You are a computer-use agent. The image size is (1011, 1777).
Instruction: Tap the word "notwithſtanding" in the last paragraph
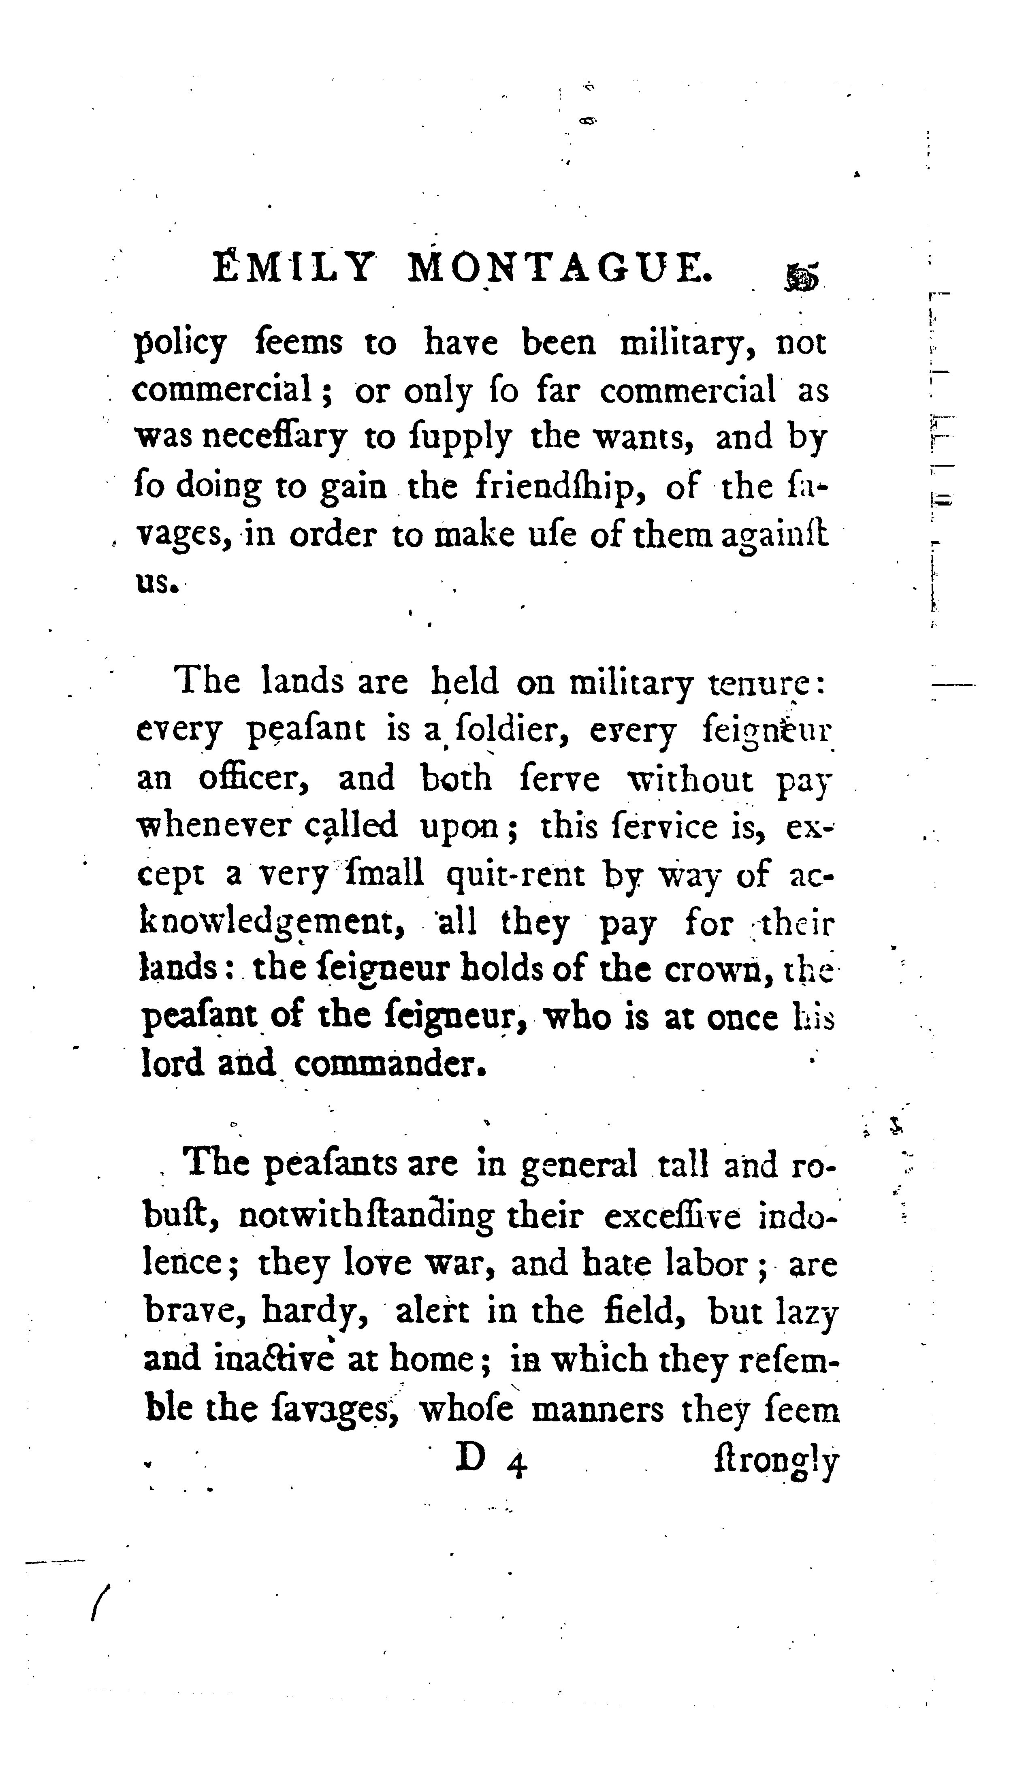pyautogui.click(x=366, y=1217)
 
